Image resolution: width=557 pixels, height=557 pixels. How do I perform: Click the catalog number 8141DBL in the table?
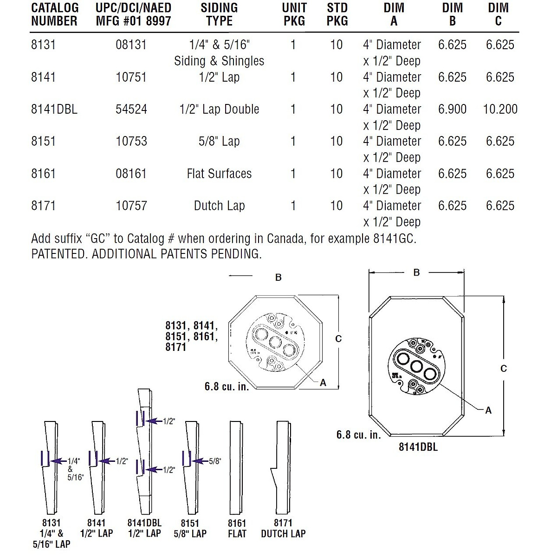[54, 110]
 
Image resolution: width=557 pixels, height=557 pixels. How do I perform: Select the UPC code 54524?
[131, 110]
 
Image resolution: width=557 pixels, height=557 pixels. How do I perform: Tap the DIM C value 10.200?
[500, 110]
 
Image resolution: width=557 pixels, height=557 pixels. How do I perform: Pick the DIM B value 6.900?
[452, 110]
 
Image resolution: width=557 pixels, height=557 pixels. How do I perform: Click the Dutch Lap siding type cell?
[219, 206]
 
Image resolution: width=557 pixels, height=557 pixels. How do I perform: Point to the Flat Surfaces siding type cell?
[219, 174]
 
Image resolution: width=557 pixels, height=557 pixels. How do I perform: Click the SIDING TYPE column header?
[219, 14]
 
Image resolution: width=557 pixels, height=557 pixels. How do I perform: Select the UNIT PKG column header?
[294, 14]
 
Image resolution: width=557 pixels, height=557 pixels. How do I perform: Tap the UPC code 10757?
[131, 206]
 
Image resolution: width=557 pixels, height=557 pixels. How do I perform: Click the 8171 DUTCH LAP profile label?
[283, 529]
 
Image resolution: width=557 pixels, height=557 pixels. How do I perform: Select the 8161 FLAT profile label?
[237, 529]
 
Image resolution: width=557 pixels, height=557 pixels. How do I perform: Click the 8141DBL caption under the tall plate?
[418, 447]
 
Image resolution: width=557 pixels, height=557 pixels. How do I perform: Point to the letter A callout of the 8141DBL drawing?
[488, 411]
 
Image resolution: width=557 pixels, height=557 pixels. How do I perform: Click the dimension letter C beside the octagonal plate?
[338, 339]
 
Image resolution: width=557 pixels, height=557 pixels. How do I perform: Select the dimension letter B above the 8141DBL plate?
[416, 273]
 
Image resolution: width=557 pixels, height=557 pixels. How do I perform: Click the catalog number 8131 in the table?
[43, 45]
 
